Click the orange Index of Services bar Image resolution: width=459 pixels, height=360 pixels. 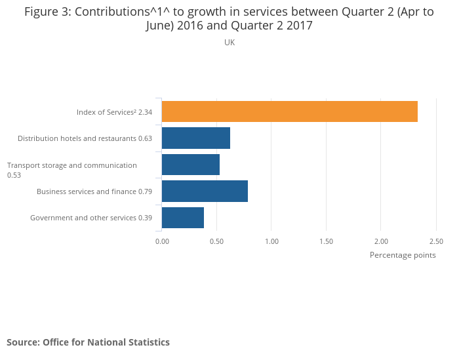point(289,111)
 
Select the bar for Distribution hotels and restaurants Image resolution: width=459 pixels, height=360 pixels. point(195,138)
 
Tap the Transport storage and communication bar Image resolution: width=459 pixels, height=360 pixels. point(190,165)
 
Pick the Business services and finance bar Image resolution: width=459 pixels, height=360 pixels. point(205,191)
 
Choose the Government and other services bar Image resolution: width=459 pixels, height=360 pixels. point(182,217)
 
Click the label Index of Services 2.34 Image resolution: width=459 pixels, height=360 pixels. point(114,112)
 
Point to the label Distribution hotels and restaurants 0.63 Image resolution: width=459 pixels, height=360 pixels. point(85,138)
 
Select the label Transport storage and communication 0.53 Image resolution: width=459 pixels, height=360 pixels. point(71,170)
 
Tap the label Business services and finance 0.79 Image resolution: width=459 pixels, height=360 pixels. point(94,191)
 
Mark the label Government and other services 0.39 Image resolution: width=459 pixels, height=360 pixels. point(91,218)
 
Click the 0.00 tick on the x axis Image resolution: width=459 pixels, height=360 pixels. point(162,241)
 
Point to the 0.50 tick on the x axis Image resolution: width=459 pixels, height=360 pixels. point(217,241)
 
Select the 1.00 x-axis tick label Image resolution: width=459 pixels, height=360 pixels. point(271,241)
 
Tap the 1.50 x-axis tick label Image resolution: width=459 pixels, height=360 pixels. point(327,241)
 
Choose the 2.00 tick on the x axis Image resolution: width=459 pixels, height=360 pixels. point(381,241)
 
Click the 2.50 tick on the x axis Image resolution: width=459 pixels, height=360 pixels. point(436,241)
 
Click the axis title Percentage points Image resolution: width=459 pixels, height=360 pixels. point(403,255)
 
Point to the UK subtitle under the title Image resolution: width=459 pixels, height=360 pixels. point(229,43)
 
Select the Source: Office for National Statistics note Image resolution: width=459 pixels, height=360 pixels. point(88,342)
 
